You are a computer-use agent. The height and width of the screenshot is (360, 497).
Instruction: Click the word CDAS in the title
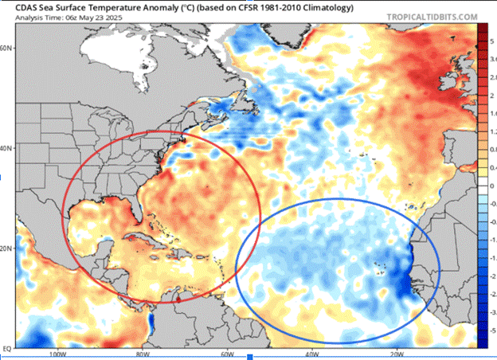coord(16,6)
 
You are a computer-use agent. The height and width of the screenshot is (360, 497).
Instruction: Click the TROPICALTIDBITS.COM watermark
coord(432,16)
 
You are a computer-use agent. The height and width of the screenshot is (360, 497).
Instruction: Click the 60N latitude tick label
coord(8,48)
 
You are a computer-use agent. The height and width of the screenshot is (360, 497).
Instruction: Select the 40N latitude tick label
coord(8,148)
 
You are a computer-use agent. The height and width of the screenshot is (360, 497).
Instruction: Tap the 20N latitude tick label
coord(8,248)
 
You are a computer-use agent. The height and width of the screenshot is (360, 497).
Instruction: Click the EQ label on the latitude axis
coord(7,348)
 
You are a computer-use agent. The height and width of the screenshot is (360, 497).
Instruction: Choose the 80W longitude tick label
coord(142,354)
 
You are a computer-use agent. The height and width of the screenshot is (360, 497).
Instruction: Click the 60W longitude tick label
coord(226,354)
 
